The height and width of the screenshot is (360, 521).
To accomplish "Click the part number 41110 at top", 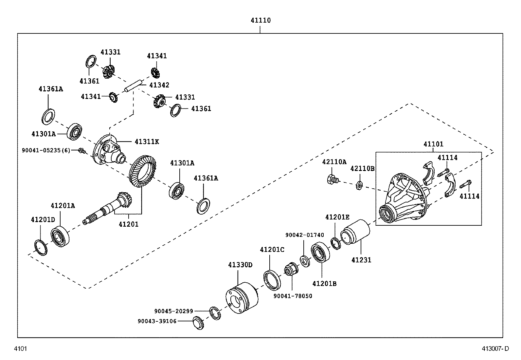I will [x=260, y=20].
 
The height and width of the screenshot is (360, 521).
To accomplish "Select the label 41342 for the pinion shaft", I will [x=159, y=85].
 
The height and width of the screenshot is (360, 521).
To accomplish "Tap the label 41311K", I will [x=147, y=142].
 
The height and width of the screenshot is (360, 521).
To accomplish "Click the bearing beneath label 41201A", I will [x=60, y=236].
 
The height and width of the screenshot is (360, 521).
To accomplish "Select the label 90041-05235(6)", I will [x=46, y=150].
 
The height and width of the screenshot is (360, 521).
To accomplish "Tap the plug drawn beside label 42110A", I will [x=332, y=179].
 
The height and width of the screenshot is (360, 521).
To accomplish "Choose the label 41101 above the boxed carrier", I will [x=433, y=144].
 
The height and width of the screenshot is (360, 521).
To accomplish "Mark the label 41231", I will [x=361, y=260].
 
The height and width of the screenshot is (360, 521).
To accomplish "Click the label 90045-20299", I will [x=173, y=311].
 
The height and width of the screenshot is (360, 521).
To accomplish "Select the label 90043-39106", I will [x=157, y=321].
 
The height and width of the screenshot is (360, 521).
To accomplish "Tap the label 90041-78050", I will [x=293, y=296].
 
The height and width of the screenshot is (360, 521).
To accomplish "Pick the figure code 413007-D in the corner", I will [x=495, y=349].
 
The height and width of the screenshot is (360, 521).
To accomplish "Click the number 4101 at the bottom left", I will [x=20, y=349].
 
